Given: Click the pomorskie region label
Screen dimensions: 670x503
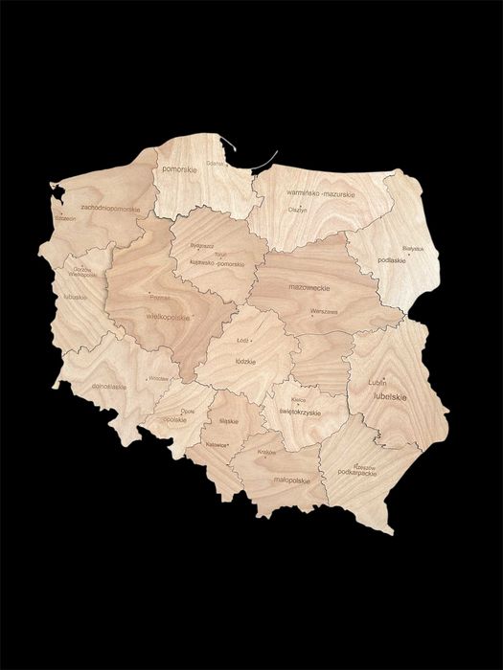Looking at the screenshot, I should (x=180, y=168).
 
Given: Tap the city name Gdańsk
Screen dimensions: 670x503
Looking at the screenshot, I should (x=216, y=163).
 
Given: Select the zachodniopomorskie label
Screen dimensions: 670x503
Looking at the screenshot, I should (x=110, y=207).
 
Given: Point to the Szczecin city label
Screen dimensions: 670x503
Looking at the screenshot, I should (x=65, y=218).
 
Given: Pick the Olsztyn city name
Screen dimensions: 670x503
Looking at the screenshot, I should (x=298, y=210).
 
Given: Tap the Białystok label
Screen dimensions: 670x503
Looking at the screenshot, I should (x=413, y=248).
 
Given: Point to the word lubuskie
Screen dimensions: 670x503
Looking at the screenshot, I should (x=75, y=297).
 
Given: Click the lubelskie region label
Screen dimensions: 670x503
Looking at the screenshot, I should (x=390, y=395).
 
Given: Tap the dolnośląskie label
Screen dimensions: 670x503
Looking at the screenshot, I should (x=107, y=387).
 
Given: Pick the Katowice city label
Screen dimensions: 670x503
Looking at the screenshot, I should (x=217, y=444).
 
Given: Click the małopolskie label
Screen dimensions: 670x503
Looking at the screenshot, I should (x=291, y=480).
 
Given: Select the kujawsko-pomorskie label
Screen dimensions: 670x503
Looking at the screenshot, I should (x=217, y=263).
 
